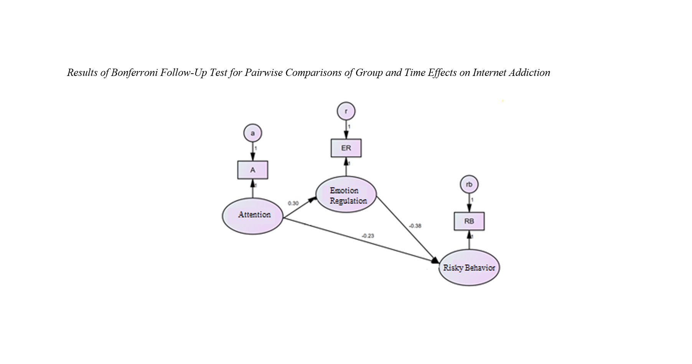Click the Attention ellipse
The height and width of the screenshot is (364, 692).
[252, 216]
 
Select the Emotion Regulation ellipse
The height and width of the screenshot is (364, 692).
[346, 195]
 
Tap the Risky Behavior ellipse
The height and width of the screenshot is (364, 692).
[469, 267]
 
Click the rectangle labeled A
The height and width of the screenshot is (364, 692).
[252, 170]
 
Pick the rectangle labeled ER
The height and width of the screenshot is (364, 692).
[346, 148]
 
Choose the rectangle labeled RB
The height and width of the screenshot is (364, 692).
[469, 221]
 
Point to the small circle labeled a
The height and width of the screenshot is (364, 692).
[252, 133]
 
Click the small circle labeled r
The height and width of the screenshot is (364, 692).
[346, 111]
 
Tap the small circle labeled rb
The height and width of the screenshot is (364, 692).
[469, 184]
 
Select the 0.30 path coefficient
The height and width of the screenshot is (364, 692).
[293, 203]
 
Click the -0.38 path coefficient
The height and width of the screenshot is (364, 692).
[415, 226]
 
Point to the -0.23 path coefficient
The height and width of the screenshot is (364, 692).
[368, 236]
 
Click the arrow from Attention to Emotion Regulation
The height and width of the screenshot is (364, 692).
[300, 208]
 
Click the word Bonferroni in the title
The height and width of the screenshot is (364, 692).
[134, 72]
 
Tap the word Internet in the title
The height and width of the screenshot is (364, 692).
[489, 72]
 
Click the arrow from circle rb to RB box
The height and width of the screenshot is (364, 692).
[469, 203]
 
